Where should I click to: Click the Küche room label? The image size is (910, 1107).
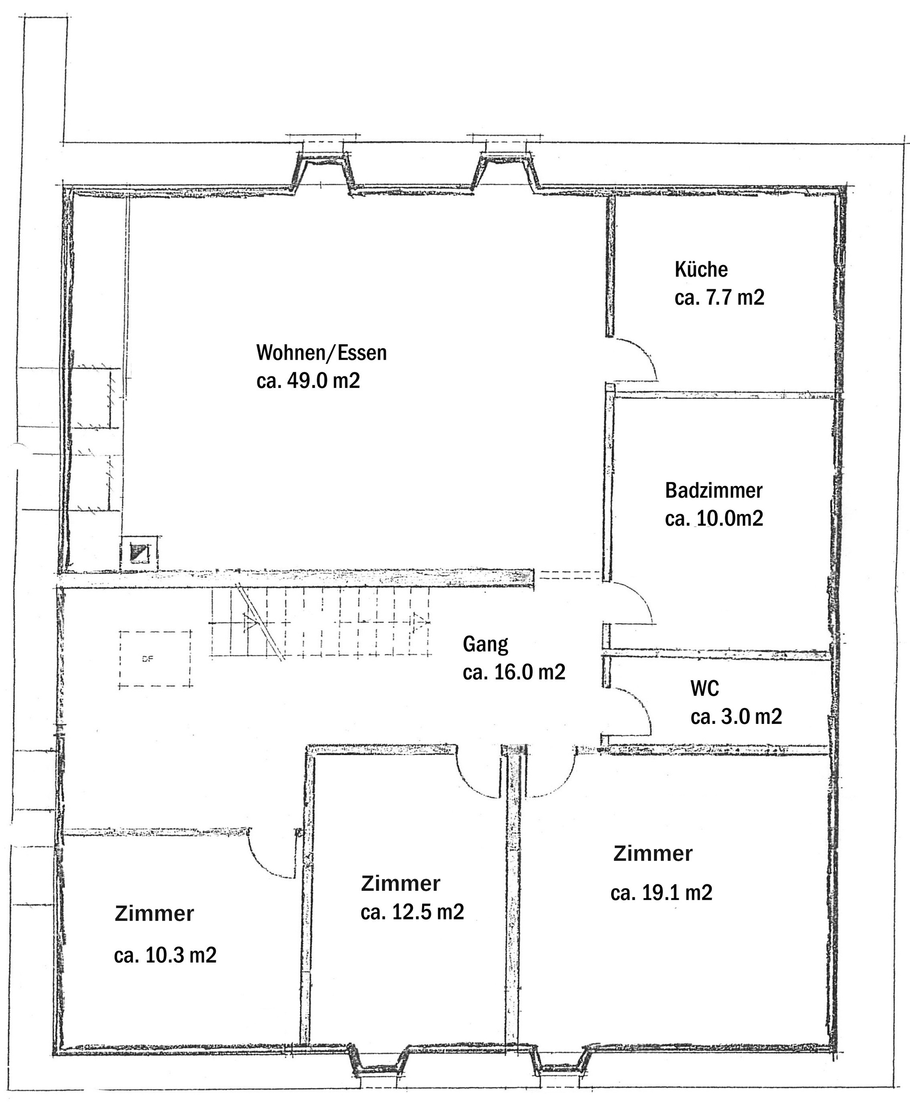(x=701, y=269)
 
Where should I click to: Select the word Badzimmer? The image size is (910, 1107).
(x=714, y=491)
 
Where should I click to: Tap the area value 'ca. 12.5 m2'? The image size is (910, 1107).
(x=412, y=912)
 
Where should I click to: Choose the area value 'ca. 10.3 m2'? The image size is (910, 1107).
(x=165, y=955)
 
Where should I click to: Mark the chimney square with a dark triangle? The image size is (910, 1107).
(x=139, y=553)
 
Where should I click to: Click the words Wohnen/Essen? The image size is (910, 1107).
(x=321, y=353)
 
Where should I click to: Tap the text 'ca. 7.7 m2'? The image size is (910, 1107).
(x=719, y=298)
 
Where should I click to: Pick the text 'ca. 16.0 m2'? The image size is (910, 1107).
(x=514, y=672)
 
